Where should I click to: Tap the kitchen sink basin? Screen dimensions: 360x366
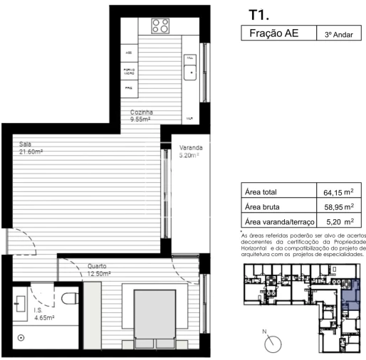point(191,72)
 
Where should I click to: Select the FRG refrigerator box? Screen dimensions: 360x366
point(129,88)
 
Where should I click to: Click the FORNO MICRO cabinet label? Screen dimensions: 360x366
point(130,70)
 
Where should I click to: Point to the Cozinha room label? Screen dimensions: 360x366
point(142,116)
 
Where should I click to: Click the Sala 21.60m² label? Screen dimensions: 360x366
point(32,148)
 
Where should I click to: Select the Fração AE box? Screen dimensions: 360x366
point(273,34)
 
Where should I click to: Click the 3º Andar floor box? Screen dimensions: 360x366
point(338,34)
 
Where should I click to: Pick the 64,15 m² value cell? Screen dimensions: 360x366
point(338,192)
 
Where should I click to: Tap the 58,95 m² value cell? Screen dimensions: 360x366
point(338,207)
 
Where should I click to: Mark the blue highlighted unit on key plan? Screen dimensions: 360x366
point(351,293)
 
